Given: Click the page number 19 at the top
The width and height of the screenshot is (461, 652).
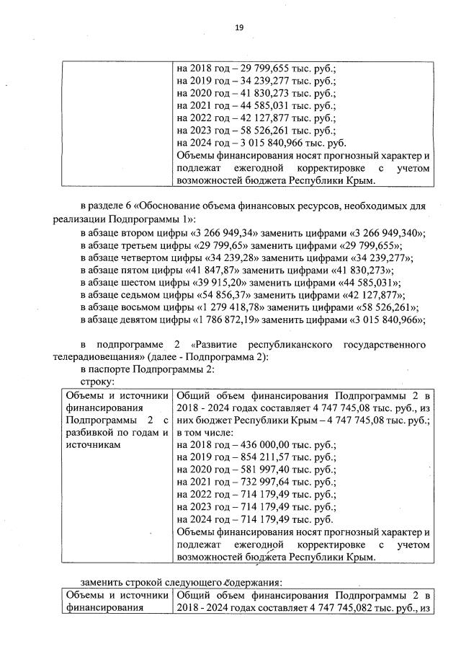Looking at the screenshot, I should [x=239, y=27].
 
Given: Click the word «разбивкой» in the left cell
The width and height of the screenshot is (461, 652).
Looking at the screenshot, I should [x=90, y=433].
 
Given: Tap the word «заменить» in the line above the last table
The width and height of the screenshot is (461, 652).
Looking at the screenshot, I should [x=102, y=582].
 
